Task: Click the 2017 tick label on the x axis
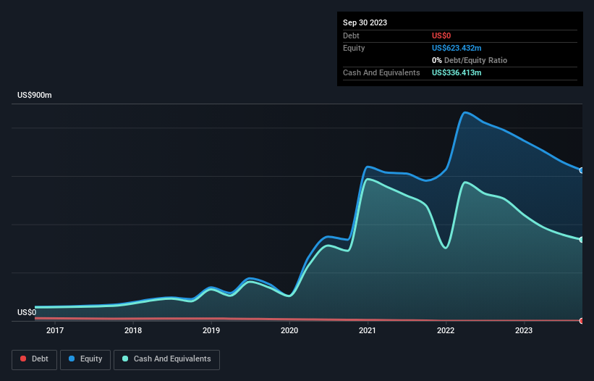click(54, 331)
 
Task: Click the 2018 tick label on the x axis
click(132, 331)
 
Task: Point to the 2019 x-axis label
click(211, 331)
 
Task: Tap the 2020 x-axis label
click(289, 331)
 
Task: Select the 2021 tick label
click(368, 331)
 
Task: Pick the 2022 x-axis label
click(446, 331)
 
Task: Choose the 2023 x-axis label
click(524, 331)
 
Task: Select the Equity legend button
click(85, 359)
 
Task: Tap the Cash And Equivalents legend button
click(166, 359)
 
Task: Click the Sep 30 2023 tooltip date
click(365, 22)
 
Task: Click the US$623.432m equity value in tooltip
click(457, 48)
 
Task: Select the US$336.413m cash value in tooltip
click(457, 72)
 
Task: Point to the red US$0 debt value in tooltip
click(442, 35)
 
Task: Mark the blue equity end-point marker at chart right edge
click(582, 170)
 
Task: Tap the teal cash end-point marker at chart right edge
click(582, 240)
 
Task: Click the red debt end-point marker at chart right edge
click(582, 320)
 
